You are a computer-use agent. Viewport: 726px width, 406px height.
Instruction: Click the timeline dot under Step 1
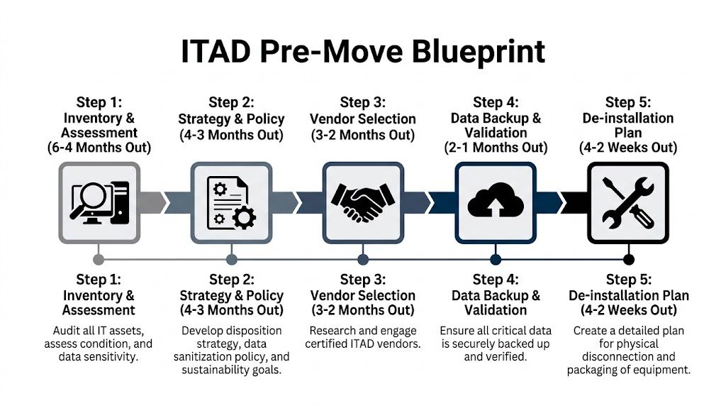[99, 259]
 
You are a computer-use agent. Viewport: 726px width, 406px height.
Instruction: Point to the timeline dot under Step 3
[363, 259]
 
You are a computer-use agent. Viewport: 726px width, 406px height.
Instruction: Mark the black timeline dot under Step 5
[628, 259]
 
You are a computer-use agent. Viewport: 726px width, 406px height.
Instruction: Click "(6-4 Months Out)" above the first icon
[99, 148]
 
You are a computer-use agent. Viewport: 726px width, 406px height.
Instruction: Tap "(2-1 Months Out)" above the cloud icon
[496, 148]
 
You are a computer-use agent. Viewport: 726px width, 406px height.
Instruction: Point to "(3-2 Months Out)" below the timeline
[363, 310]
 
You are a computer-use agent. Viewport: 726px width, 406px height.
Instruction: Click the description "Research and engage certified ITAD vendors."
[363, 337]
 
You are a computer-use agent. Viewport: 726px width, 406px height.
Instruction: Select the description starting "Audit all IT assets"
[99, 344]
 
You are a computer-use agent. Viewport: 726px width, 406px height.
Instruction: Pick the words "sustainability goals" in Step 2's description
[231, 370]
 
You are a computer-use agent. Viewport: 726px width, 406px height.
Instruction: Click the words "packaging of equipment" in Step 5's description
[628, 370]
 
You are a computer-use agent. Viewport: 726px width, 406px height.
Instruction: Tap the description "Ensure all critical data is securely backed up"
[496, 337]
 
